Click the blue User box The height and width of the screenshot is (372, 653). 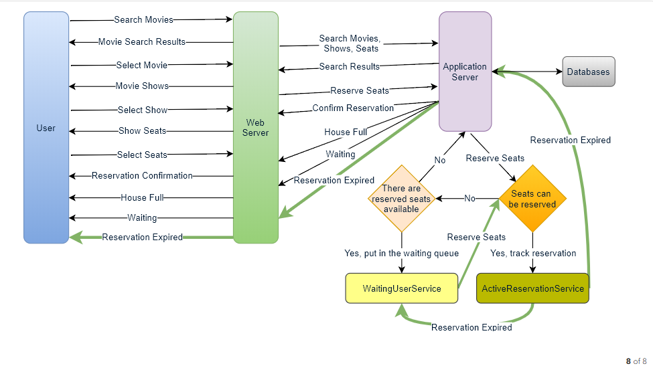coord(46,127)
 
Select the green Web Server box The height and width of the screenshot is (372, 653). coord(255,127)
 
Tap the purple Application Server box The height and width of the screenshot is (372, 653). coord(465,72)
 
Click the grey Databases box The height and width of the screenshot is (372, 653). coord(588,72)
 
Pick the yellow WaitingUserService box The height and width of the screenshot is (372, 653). coord(402,288)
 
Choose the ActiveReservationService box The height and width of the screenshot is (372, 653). coord(532,288)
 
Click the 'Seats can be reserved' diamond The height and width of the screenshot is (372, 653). coord(532,199)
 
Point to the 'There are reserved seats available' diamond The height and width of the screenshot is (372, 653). coord(402,199)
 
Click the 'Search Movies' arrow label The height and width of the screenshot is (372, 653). coord(143,20)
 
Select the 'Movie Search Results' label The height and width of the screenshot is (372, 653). coord(142,42)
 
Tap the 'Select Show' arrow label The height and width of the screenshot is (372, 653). coord(143,110)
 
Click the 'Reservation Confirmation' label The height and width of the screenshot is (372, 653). coord(142,176)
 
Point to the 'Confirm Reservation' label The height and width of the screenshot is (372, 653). coord(353,108)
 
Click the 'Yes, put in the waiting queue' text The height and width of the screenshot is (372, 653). coord(402,254)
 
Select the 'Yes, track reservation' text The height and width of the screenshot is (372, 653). coord(533,254)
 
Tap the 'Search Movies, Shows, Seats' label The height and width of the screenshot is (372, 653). coord(349,43)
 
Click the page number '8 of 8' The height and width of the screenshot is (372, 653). coord(636,361)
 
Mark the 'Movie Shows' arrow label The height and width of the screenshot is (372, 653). coord(142,86)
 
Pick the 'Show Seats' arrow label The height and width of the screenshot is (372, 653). coord(142,131)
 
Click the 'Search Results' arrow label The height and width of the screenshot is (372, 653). coord(349,66)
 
